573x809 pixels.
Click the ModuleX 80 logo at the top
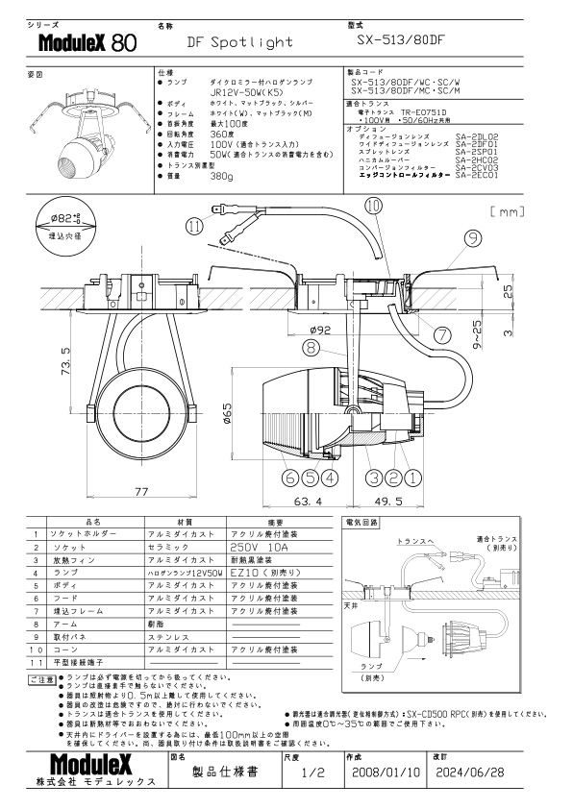[87, 43]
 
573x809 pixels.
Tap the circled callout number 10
[373, 206]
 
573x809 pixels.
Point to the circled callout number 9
[473, 237]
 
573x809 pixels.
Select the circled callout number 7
[441, 335]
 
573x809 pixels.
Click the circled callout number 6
[289, 475]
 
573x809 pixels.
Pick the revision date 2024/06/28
[471, 772]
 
